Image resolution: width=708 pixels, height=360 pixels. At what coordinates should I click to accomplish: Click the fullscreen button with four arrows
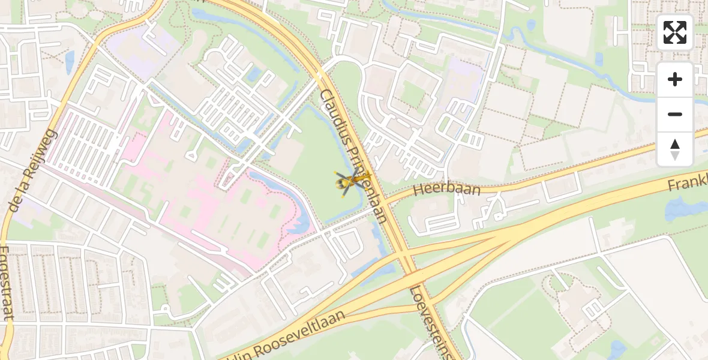point(675,32)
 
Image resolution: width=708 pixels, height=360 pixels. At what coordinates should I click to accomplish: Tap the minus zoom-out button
point(675,114)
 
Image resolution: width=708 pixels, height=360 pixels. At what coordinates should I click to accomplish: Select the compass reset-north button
point(675,149)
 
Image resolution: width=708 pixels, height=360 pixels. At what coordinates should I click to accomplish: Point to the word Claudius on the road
point(335,117)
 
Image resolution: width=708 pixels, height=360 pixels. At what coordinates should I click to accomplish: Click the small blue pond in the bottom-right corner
point(616,347)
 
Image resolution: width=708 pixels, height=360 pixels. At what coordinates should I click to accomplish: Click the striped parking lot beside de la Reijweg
point(87,144)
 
